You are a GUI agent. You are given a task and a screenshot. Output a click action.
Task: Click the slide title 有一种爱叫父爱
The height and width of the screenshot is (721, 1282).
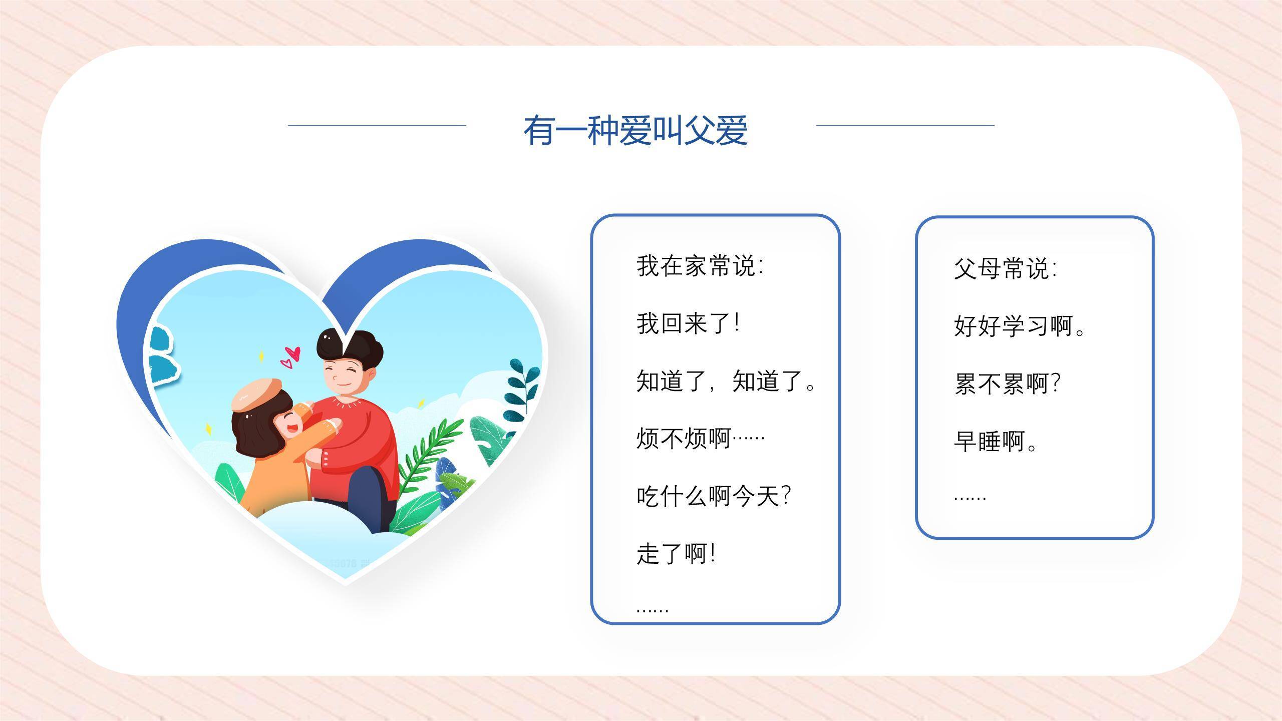tap(635, 130)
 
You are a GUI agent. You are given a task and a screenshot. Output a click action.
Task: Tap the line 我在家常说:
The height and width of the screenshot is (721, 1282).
tap(700, 266)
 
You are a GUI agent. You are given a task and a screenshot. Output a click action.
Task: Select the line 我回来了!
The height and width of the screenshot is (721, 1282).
tap(688, 323)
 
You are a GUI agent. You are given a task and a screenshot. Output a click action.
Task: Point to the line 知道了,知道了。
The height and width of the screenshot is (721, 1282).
tap(726, 381)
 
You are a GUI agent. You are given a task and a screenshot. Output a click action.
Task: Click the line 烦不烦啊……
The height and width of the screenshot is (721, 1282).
tap(700, 439)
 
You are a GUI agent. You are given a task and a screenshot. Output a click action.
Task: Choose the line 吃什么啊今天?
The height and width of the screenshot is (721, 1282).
tap(713, 496)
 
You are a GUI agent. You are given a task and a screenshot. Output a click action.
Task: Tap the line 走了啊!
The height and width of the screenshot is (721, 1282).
tap(676, 554)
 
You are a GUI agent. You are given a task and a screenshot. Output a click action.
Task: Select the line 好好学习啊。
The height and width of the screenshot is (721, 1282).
tap(1019, 326)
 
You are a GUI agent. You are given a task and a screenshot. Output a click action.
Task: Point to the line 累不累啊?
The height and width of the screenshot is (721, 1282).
tap(1007, 384)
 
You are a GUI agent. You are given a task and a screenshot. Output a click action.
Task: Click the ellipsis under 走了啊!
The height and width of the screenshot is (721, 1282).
tap(653, 610)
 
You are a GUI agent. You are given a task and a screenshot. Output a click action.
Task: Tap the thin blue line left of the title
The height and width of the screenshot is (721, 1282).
tap(377, 126)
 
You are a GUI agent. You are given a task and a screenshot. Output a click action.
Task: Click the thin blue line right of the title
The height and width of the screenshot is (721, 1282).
tap(905, 126)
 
